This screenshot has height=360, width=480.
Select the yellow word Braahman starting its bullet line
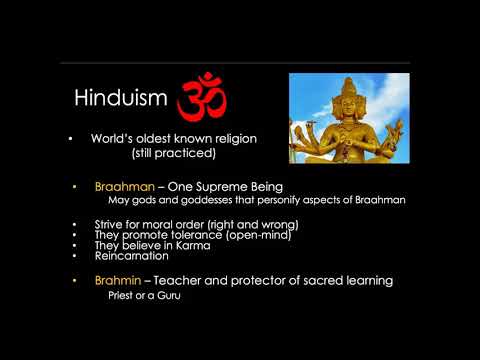[x=124, y=188]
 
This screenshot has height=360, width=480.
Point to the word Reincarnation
[x=131, y=256]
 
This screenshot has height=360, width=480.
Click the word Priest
[x=123, y=296]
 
